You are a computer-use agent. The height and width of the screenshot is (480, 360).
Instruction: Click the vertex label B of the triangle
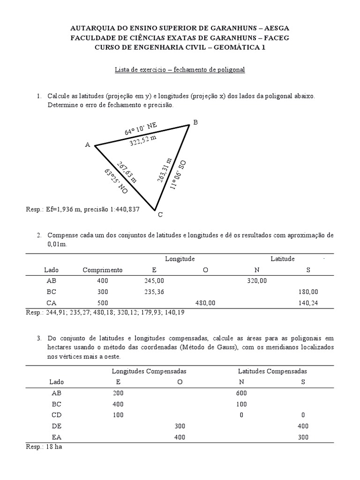click(195, 122)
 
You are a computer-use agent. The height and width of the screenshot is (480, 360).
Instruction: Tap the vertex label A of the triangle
click(87, 145)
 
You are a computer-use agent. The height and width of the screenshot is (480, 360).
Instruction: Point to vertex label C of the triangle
click(160, 215)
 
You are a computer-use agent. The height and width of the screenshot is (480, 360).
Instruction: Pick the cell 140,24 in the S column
click(308, 303)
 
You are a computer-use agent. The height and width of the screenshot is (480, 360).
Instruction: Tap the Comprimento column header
click(103, 270)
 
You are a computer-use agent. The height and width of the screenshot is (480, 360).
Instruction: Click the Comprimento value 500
click(103, 303)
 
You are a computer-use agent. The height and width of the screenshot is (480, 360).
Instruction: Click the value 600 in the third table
click(242, 393)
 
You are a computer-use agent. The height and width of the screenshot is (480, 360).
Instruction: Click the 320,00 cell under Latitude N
click(256, 281)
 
